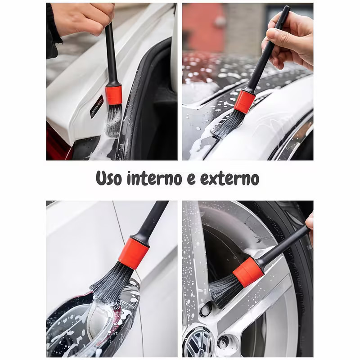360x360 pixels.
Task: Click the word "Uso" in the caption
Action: tap(109, 178)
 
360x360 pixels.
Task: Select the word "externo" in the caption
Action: tap(229, 179)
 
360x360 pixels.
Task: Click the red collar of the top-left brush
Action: tap(113, 95)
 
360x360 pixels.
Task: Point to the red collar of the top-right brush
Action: tap(244, 102)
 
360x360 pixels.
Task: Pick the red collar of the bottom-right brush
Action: tap(248, 272)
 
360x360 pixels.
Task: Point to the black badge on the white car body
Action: tap(96, 107)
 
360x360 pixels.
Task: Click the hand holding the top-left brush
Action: tap(83, 18)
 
